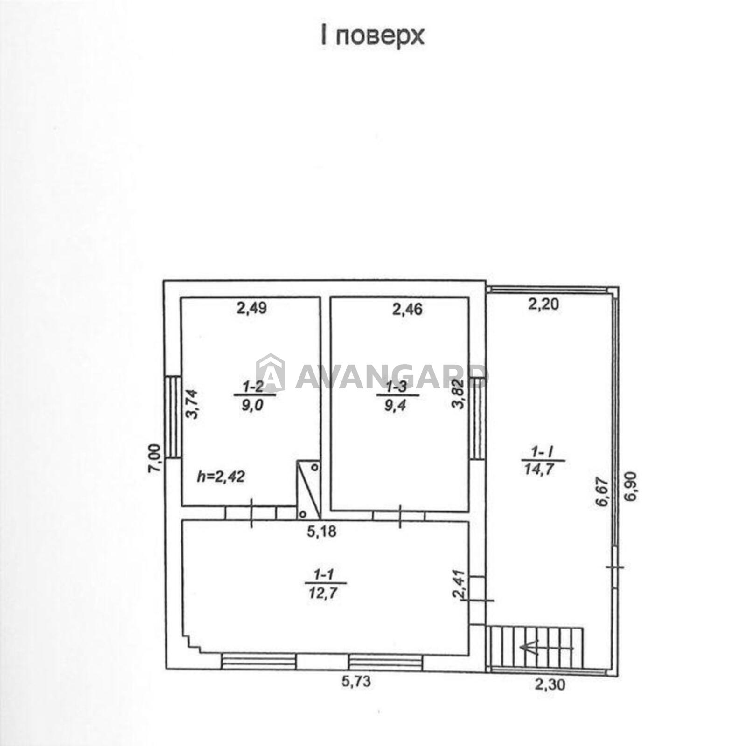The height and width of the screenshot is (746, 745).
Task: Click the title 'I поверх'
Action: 372,36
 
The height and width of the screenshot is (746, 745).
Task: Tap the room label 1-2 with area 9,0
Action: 254,395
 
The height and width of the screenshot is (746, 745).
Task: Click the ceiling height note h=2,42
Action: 221,477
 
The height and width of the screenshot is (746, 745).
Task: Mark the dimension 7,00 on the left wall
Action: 156,458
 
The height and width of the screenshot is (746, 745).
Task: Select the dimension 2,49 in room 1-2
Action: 251,308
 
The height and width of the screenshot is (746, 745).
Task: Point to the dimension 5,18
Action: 321,531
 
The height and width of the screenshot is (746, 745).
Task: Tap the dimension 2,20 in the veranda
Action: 543,305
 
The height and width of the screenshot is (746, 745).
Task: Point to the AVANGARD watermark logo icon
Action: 270,373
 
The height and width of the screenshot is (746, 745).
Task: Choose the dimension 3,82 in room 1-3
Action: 459,394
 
